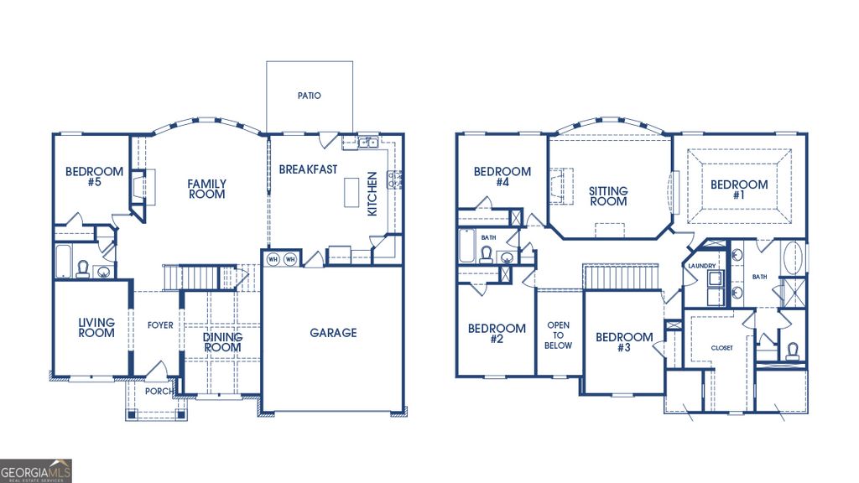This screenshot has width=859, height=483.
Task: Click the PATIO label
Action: pyautogui.click(x=309, y=96)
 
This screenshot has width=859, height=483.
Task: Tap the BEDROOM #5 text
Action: pyautogui.click(x=94, y=177)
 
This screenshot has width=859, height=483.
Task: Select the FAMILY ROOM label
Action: pyautogui.click(x=206, y=189)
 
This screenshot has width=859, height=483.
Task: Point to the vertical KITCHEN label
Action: pyautogui.click(x=372, y=195)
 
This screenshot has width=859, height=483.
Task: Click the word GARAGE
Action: pyautogui.click(x=333, y=333)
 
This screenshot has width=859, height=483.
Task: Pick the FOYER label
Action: pyautogui.click(x=160, y=325)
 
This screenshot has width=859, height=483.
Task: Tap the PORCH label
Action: pyautogui.click(x=159, y=391)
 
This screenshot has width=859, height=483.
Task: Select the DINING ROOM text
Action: pyautogui.click(x=222, y=342)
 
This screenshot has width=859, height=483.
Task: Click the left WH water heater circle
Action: pyautogui.click(x=273, y=259)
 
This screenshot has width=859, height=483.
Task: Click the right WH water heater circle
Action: pyautogui.click(x=289, y=259)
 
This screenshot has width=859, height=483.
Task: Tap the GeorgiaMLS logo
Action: pyautogui.click(x=36, y=470)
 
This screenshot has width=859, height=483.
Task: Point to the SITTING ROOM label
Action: pyautogui.click(x=608, y=196)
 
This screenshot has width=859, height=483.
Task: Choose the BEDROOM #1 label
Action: pyautogui.click(x=739, y=190)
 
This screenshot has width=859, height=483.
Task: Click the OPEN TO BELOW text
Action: pyautogui.click(x=559, y=335)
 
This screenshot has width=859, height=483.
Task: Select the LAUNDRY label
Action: pyautogui.click(x=700, y=266)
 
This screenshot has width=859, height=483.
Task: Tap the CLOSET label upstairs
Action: pyautogui.click(x=721, y=347)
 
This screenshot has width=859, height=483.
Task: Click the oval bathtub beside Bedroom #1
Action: pyautogui.click(x=792, y=258)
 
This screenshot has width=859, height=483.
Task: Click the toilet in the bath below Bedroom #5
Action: pyautogui.click(x=83, y=267)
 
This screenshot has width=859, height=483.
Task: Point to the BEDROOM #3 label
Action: pyautogui.click(x=624, y=342)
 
